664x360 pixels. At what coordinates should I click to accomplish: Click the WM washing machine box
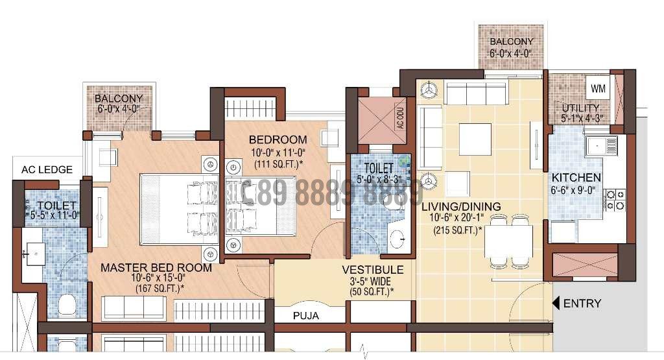pyautogui.click(x=597, y=86)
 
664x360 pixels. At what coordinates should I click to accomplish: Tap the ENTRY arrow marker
pyautogui.click(x=556, y=303)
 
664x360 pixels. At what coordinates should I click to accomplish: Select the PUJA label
pyautogui.click(x=306, y=316)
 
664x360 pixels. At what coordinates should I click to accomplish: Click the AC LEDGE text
pyautogui.click(x=47, y=170)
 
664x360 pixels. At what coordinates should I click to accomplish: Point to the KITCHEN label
pyautogui.click(x=576, y=178)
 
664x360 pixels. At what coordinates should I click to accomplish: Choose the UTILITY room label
pyautogui.click(x=581, y=108)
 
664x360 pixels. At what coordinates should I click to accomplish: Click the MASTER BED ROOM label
pyautogui.click(x=156, y=267)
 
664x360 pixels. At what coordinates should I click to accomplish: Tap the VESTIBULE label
pyautogui.click(x=373, y=269)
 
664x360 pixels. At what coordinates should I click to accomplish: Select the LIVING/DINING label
pyautogui.click(x=460, y=207)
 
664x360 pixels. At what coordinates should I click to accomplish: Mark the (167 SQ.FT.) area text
pyautogui.click(x=160, y=289)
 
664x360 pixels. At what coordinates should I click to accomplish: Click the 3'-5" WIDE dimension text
pyautogui.click(x=373, y=282)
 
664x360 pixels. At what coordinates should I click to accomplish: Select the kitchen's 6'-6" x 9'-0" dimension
pyautogui.click(x=576, y=190)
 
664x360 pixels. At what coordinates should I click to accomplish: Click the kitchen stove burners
pyautogui.click(x=614, y=199)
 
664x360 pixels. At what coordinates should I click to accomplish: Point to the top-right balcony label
pyautogui.click(x=511, y=47)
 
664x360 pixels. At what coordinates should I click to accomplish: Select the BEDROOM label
pyautogui.click(x=278, y=139)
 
